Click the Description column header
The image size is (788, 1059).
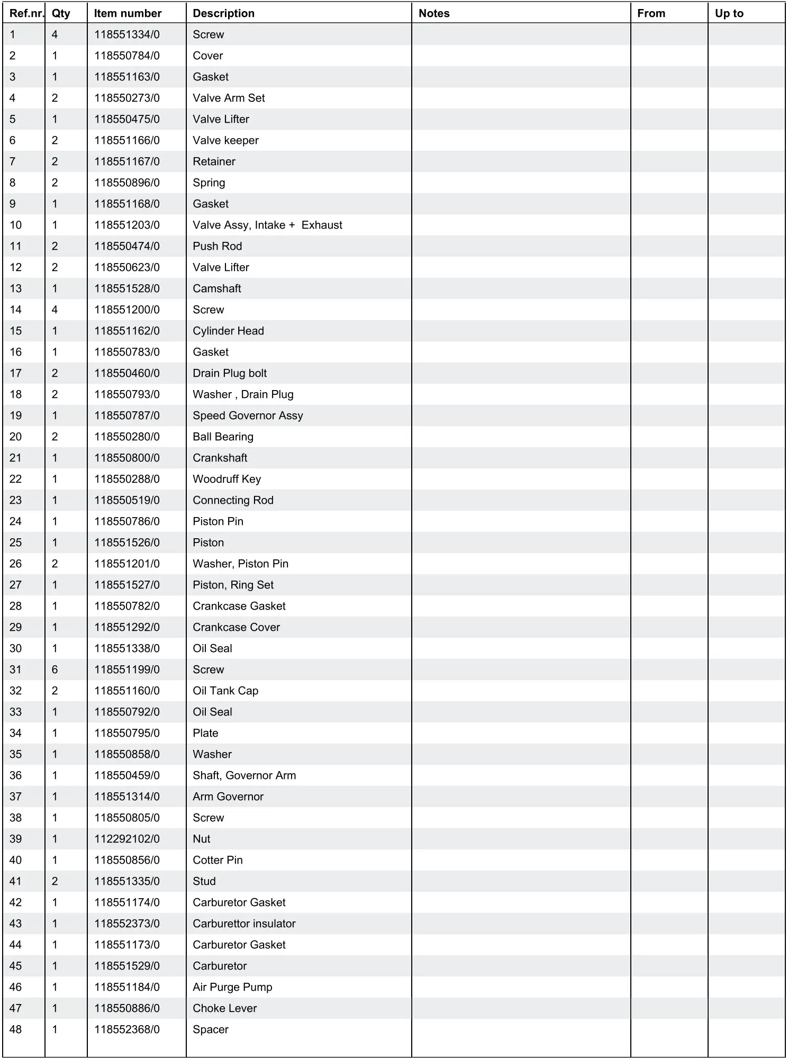tap(223, 13)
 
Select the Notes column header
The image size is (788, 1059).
tap(433, 13)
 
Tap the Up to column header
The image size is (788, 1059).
tap(729, 13)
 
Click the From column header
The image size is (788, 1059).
tap(650, 13)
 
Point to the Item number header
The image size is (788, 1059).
tap(128, 13)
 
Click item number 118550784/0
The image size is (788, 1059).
tap(127, 56)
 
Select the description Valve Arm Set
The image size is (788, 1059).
tap(229, 98)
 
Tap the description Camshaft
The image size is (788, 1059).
tap(216, 288)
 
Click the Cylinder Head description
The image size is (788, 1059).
tap(228, 331)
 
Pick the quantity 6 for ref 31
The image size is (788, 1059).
tap(55, 669)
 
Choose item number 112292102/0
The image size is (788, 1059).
tap(127, 839)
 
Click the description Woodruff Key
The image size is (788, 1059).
tap(227, 479)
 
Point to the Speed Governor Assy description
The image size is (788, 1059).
tap(248, 415)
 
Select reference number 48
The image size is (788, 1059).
tap(16, 1029)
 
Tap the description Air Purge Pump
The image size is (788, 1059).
tap(232, 987)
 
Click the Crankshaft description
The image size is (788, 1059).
tap(220, 458)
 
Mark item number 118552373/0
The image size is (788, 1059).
tap(127, 924)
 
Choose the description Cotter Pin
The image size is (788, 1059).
tap(218, 860)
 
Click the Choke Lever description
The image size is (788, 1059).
tap(224, 1008)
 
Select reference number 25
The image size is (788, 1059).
tap(16, 542)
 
